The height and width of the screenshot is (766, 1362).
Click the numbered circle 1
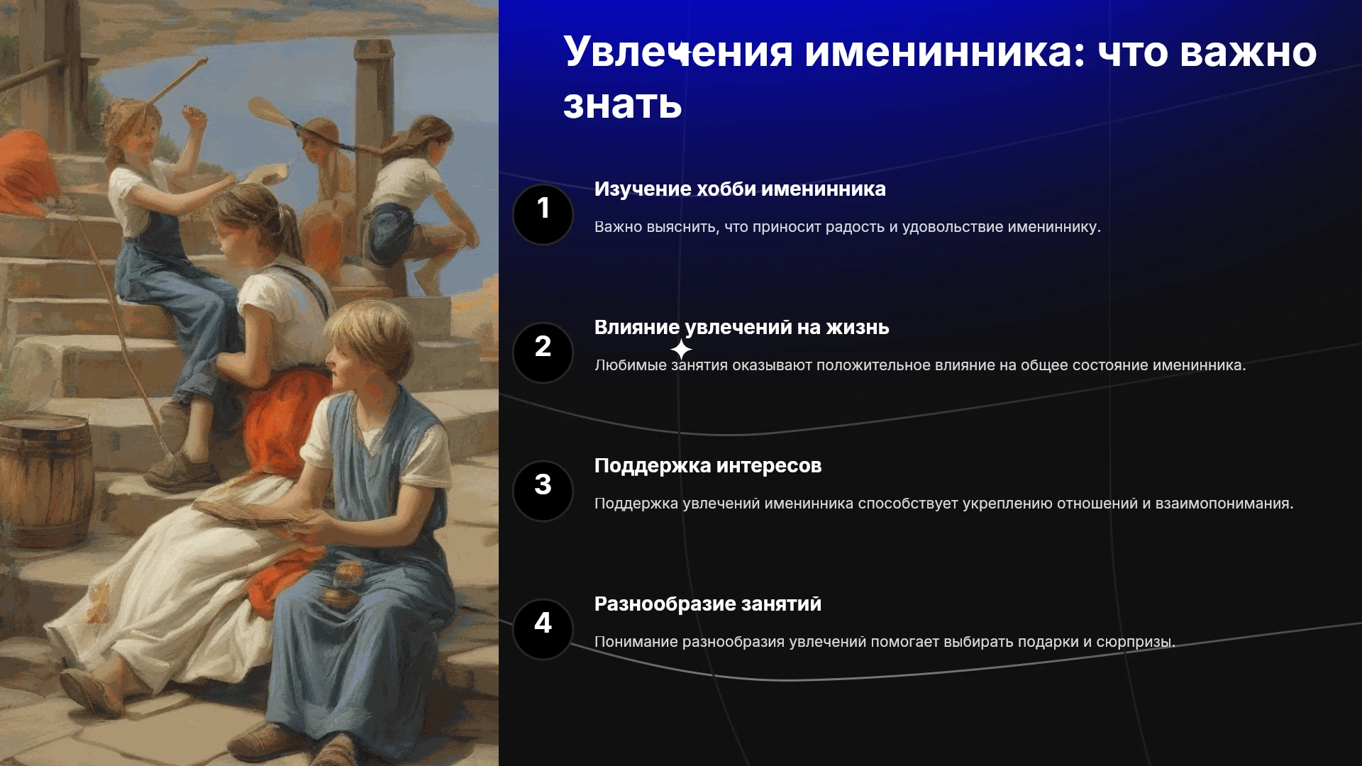tap(543, 214)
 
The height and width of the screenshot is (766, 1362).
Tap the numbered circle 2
tap(543, 353)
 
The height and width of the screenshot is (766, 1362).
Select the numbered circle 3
tap(543, 491)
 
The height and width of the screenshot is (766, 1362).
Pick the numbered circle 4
tap(543, 629)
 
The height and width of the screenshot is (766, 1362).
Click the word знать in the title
tap(623, 105)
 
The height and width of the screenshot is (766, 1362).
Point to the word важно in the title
tap(1248, 52)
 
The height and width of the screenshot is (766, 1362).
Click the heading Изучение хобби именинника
tap(740, 189)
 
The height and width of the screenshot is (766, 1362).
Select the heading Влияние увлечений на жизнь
tap(741, 328)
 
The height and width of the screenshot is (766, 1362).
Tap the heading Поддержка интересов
tap(708, 466)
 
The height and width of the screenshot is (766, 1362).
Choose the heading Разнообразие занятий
tap(708, 604)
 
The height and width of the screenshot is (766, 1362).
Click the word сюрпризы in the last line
tap(1135, 643)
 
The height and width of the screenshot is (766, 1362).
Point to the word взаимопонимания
tap(1224, 504)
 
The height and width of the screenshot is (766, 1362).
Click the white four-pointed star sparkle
tap(681, 350)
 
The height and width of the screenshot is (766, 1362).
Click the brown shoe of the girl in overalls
tap(182, 470)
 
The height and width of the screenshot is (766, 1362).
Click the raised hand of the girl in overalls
tap(192, 113)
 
